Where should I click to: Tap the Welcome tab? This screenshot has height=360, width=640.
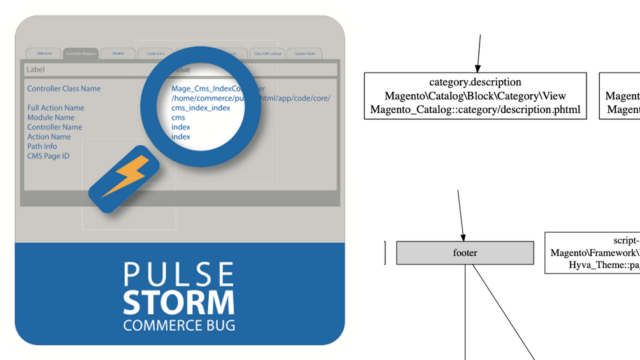point(44,54)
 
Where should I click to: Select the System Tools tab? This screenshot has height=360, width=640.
point(304,54)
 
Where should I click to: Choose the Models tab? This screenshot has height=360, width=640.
point(118,54)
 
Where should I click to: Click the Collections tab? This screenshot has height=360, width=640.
point(155,54)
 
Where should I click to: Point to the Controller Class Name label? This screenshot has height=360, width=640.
point(64,89)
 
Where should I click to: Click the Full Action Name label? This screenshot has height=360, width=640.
point(55,108)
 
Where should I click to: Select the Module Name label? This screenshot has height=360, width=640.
point(51,117)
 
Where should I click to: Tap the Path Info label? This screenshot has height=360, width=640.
point(42,146)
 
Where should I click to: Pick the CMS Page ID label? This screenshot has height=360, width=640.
point(48,155)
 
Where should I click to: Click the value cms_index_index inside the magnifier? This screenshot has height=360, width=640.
point(201,108)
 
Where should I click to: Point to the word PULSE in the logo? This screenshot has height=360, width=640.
point(179,275)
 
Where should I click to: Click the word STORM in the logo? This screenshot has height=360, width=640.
point(179,302)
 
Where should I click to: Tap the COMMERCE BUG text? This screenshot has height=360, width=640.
point(179,325)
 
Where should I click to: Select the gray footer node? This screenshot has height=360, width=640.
point(465,253)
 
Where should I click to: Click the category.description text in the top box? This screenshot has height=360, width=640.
point(475,82)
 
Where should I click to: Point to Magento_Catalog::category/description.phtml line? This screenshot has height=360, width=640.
point(475,110)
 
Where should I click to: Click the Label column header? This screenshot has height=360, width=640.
point(36,69)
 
